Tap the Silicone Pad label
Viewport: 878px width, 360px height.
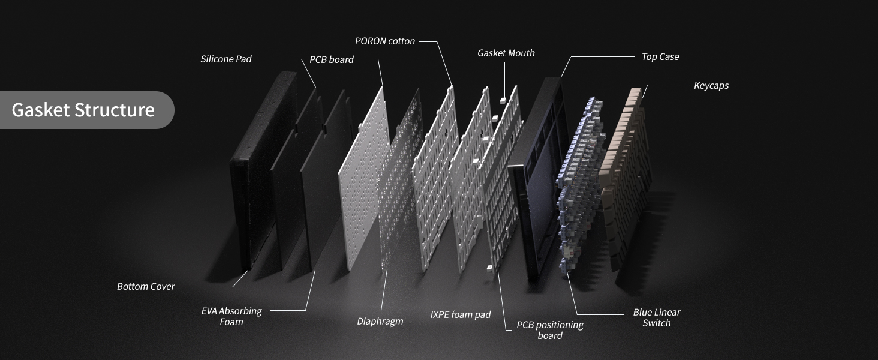225,59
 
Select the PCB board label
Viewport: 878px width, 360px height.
332,59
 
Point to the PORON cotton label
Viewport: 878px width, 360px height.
385,41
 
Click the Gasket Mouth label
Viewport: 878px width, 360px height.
506,53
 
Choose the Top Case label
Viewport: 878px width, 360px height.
660,57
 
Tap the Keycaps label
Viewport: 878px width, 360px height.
711,85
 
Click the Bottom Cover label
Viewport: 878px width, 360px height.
146,287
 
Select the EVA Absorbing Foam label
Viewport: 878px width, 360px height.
231,316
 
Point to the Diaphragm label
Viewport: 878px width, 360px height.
380,321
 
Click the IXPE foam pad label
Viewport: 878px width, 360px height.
461,314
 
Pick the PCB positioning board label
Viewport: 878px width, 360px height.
550,330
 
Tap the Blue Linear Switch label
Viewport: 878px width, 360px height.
657,317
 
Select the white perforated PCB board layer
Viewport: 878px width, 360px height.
363,178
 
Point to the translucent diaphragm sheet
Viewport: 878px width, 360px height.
400,178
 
